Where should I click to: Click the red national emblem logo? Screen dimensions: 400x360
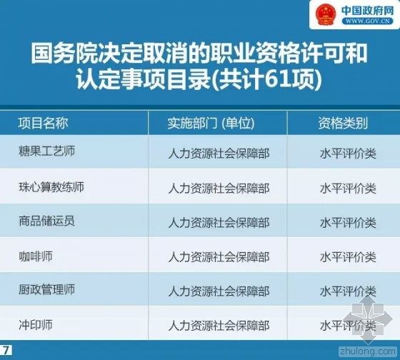click(x=326, y=14)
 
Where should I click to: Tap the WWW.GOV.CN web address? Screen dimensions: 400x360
click(x=367, y=21)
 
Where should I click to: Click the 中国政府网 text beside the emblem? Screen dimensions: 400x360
click(x=368, y=10)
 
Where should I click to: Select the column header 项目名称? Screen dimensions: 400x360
click(x=43, y=123)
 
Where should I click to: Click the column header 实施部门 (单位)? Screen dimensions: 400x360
click(x=211, y=124)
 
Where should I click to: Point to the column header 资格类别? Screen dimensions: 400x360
click(x=343, y=124)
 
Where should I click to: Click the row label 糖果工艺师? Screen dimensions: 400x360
click(x=46, y=151)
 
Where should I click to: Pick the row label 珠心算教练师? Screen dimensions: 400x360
click(x=51, y=186)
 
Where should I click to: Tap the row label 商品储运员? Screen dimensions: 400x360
click(x=46, y=221)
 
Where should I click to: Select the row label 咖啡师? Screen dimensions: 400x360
click(x=36, y=256)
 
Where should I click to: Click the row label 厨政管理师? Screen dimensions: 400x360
click(x=46, y=290)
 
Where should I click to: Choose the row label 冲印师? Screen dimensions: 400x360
click(x=36, y=325)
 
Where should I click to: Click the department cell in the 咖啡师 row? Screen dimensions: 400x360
click(x=219, y=257)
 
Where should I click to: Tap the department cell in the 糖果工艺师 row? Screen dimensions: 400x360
click(x=219, y=154)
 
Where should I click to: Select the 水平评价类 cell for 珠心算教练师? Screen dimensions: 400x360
click(x=348, y=189)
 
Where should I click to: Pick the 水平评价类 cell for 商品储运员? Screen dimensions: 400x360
click(x=348, y=223)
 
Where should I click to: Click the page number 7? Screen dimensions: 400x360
click(x=6, y=350)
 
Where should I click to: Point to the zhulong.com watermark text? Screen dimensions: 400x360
click(x=368, y=351)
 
